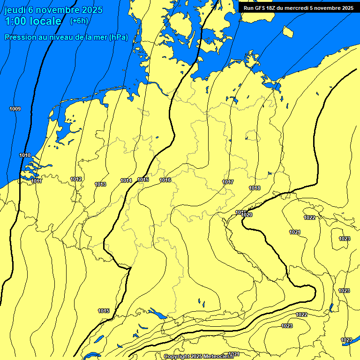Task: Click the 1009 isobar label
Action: [15, 109]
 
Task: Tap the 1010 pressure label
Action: [25, 156]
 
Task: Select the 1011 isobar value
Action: [37, 181]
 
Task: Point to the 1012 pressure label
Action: [76, 179]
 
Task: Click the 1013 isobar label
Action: [100, 184]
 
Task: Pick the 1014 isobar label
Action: [126, 180]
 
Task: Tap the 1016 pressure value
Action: [165, 180]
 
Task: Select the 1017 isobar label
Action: [228, 182]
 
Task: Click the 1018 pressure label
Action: [255, 188]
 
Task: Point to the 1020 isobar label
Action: [247, 215]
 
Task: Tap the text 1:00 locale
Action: [33, 22]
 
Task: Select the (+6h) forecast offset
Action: [79, 21]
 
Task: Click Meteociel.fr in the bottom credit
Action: [218, 357]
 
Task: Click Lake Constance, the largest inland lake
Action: [157, 314]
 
